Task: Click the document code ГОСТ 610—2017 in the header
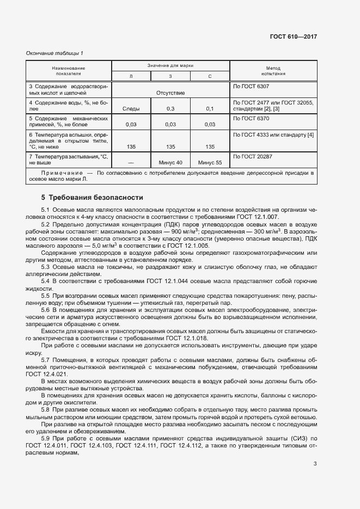pyautogui.click(x=293, y=37)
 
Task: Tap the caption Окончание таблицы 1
pyautogui.click(x=54, y=53)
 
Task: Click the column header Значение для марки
pyautogui.click(x=170, y=65)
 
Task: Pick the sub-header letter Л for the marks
pyautogui.click(x=131, y=77)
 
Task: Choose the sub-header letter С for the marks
pyautogui.click(x=210, y=77)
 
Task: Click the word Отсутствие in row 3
pyautogui.click(x=170, y=93)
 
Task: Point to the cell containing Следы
pyautogui.click(x=131, y=109)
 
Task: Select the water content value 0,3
pyautogui.click(x=170, y=109)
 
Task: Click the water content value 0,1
pyautogui.click(x=210, y=109)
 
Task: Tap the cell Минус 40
pyautogui.click(x=170, y=162)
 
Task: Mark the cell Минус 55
pyautogui.click(x=210, y=162)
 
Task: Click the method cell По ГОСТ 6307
pyautogui.click(x=251, y=87)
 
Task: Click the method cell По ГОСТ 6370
pyautogui.click(x=251, y=118)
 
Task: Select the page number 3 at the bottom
pyautogui.click(x=315, y=464)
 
